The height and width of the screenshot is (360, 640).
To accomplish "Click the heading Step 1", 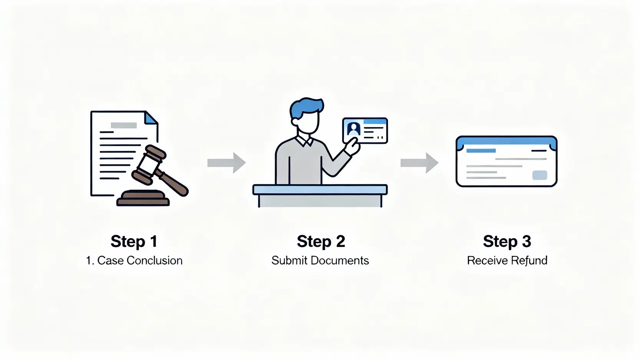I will coord(134,241).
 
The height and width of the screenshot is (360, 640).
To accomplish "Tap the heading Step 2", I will coord(321,241).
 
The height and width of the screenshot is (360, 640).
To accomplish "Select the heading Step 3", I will coord(507,241).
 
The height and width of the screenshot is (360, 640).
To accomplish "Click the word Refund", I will coord(529,260).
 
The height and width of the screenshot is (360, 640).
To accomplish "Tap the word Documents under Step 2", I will coord(340,260).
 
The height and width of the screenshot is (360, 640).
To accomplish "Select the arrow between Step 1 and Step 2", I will coord(226,163).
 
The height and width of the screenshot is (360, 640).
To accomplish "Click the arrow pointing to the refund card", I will coord(419,163).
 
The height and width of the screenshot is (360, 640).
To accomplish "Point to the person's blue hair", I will coord(306,107).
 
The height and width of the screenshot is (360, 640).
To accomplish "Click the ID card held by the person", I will coord(365,131).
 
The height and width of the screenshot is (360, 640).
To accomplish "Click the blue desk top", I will coord(320,189).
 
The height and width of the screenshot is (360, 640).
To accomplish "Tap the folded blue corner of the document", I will coord(151,118).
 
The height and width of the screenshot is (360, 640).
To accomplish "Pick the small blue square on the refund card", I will coord(539,175).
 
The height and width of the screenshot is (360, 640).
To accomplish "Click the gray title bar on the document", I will coord(124,125).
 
